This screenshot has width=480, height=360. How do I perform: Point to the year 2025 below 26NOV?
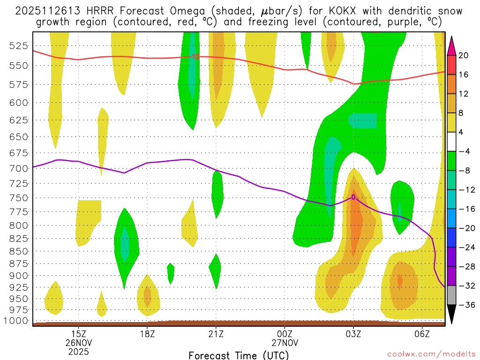pyautogui.click(x=78, y=351)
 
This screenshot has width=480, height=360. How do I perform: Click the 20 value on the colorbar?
pyautogui.click(x=464, y=55)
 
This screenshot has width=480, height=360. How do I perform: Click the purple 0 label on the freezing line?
pyautogui.click(x=353, y=197)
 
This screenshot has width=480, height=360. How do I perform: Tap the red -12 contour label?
pyautogui.click(x=195, y=57)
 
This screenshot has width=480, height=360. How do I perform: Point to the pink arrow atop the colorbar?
pyautogui.click(x=452, y=45)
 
